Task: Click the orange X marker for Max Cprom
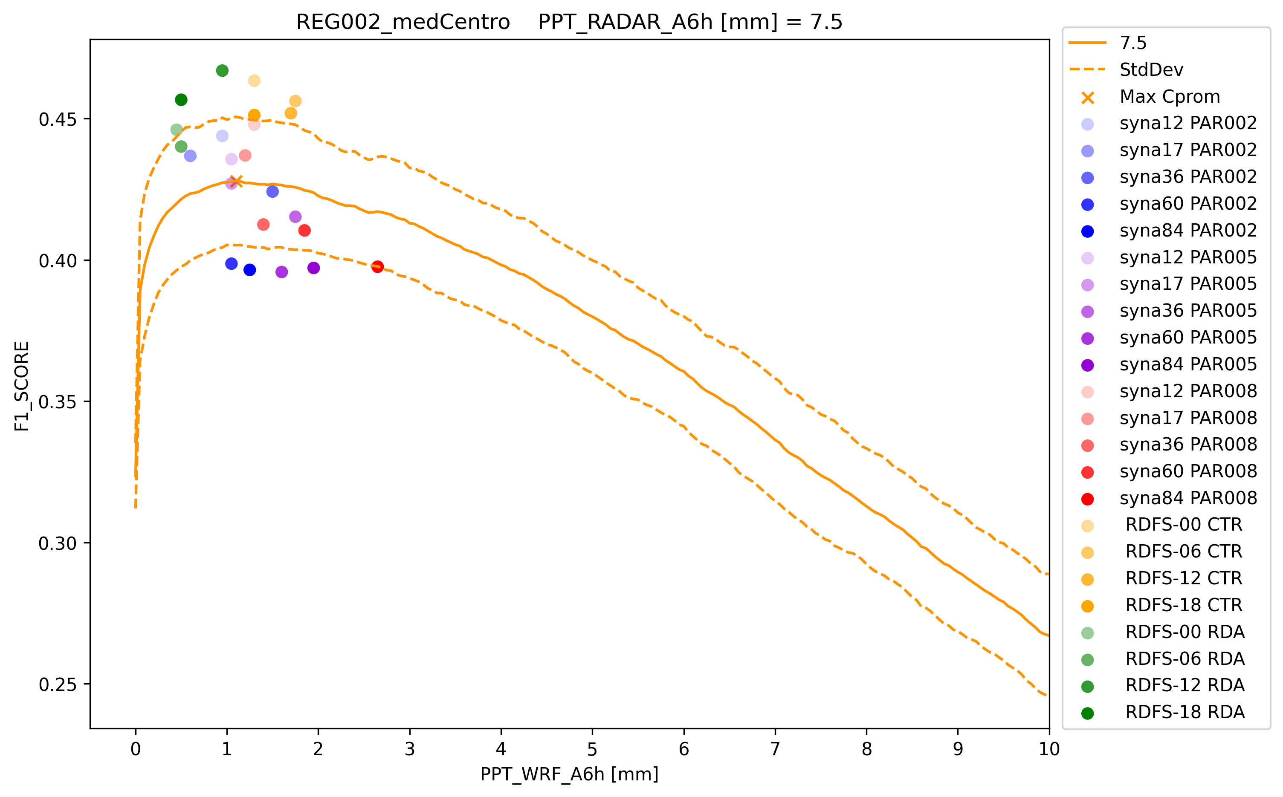(x=236, y=181)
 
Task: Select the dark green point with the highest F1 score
(x=222, y=71)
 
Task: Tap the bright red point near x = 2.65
(x=377, y=267)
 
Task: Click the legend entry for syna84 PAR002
(x=1187, y=230)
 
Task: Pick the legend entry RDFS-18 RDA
(x=1185, y=712)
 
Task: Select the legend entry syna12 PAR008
(x=1187, y=391)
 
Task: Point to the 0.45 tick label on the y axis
(x=57, y=120)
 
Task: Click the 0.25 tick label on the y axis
(x=57, y=685)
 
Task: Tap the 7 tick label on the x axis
(x=775, y=749)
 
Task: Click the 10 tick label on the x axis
(x=1049, y=749)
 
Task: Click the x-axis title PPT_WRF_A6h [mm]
(x=569, y=774)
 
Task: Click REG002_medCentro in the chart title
(x=403, y=22)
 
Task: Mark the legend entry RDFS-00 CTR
(x=1183, y=525)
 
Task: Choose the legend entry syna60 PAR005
(x=1187, y=338)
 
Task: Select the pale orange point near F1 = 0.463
(x=254, y=81)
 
